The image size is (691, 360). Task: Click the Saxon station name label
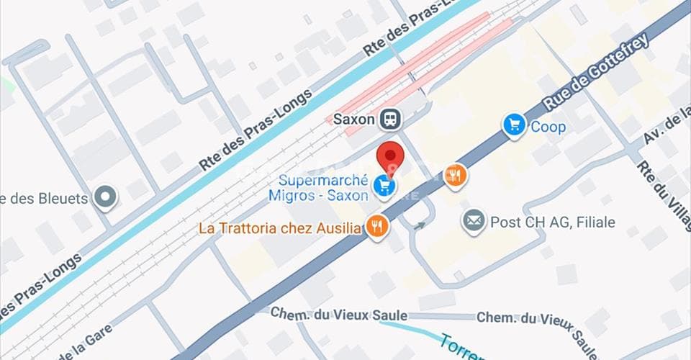(354, 120)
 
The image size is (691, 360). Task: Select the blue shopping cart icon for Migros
(383, 187)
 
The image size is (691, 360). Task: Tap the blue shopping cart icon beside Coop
(514, 127)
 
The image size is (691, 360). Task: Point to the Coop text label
(548, 127)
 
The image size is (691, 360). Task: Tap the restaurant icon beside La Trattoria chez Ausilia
(377, 228)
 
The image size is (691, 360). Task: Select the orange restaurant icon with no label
(455, 175)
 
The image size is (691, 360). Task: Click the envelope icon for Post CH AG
(473, 222)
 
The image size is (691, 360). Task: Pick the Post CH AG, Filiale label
(552, 222)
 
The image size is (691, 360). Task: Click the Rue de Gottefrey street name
(595, 72)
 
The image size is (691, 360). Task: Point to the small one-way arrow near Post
(417, 225)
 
